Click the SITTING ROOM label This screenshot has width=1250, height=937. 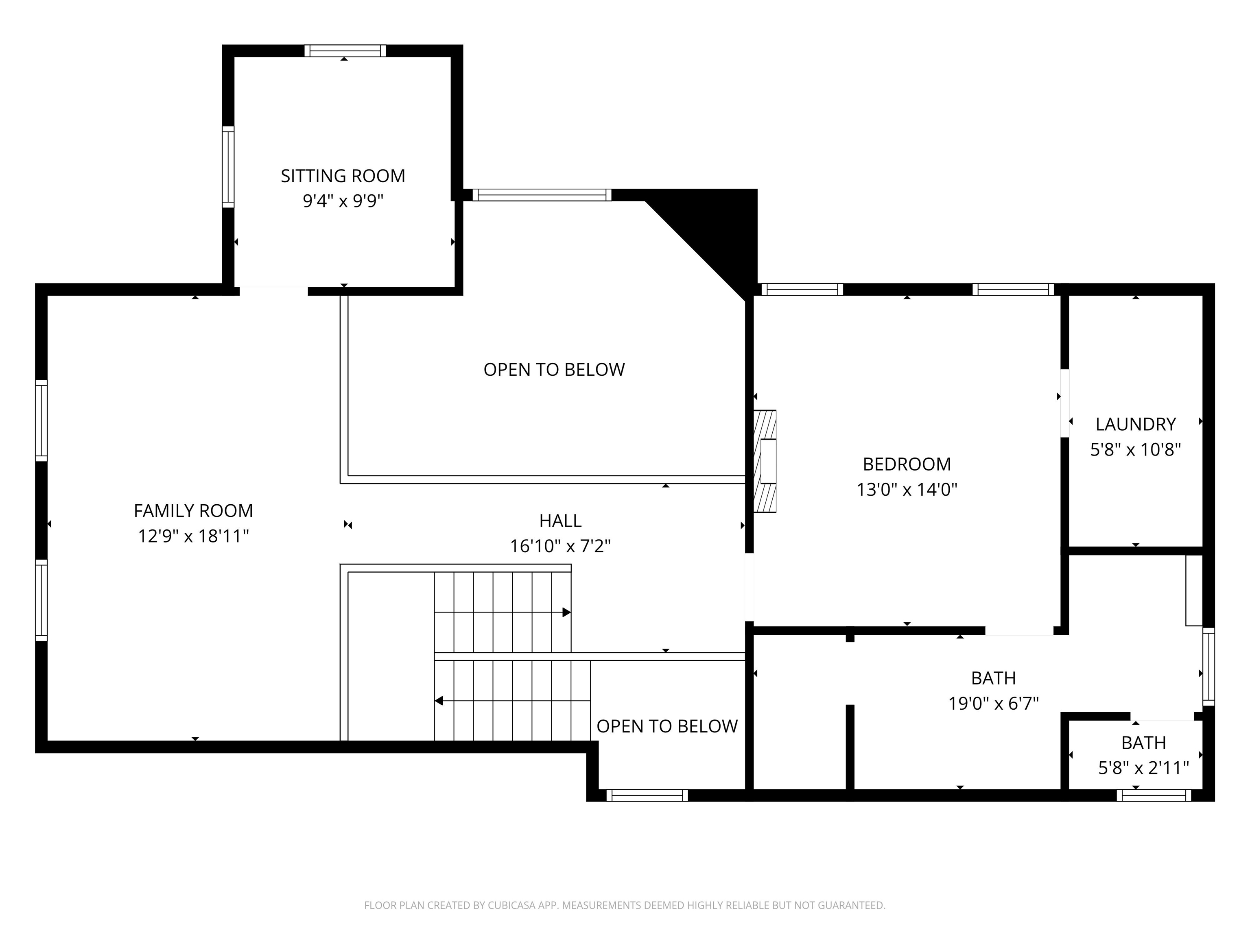[343, 176]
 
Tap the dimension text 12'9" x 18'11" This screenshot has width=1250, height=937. [193, 536]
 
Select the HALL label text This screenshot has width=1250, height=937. [560, 521]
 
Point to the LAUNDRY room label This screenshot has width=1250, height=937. [1135, 424]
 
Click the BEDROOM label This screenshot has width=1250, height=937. [907, 464]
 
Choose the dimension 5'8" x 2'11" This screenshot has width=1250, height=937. [1143, 768]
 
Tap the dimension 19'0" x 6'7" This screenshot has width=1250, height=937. [993, 704]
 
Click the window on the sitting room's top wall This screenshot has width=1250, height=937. [345, 51]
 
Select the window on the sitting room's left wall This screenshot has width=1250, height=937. [228, 167]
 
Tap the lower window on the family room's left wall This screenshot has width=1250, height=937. [41, 600]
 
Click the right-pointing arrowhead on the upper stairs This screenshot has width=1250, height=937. [566, 612]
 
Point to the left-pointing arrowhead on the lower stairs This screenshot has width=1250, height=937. [439, 701]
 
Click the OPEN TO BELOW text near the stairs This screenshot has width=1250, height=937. [667, 726]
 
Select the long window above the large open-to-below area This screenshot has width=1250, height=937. [541, 195]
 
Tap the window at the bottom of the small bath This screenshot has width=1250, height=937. [1154, 795]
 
